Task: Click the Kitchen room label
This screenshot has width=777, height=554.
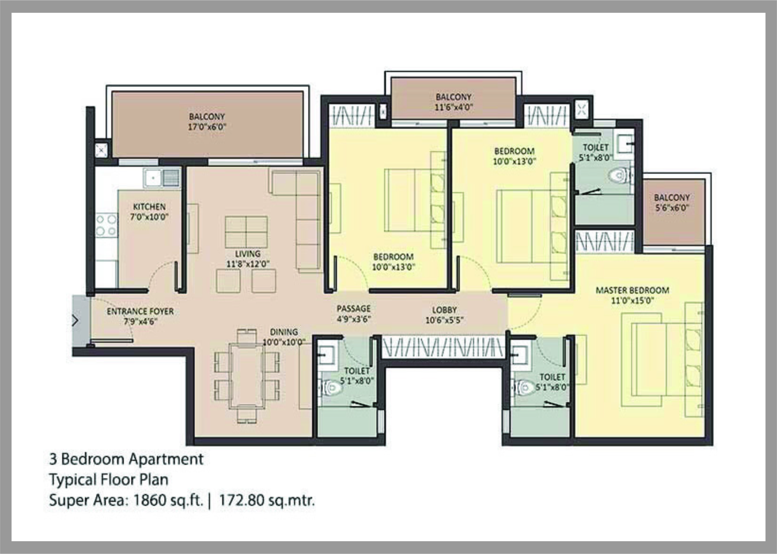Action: click(x=149, y=207)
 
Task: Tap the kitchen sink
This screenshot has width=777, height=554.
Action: click(x=153, y=178)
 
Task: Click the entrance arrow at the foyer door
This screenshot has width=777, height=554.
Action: click(x=75, y=321)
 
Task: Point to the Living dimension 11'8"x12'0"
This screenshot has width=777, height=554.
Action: click(x=248, y=264)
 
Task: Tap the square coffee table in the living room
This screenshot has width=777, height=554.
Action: click(x=246, y=232)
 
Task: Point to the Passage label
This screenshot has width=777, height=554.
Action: click(x=354, y=309)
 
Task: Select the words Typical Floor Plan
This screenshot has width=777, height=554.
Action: click(x=109, y=480)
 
